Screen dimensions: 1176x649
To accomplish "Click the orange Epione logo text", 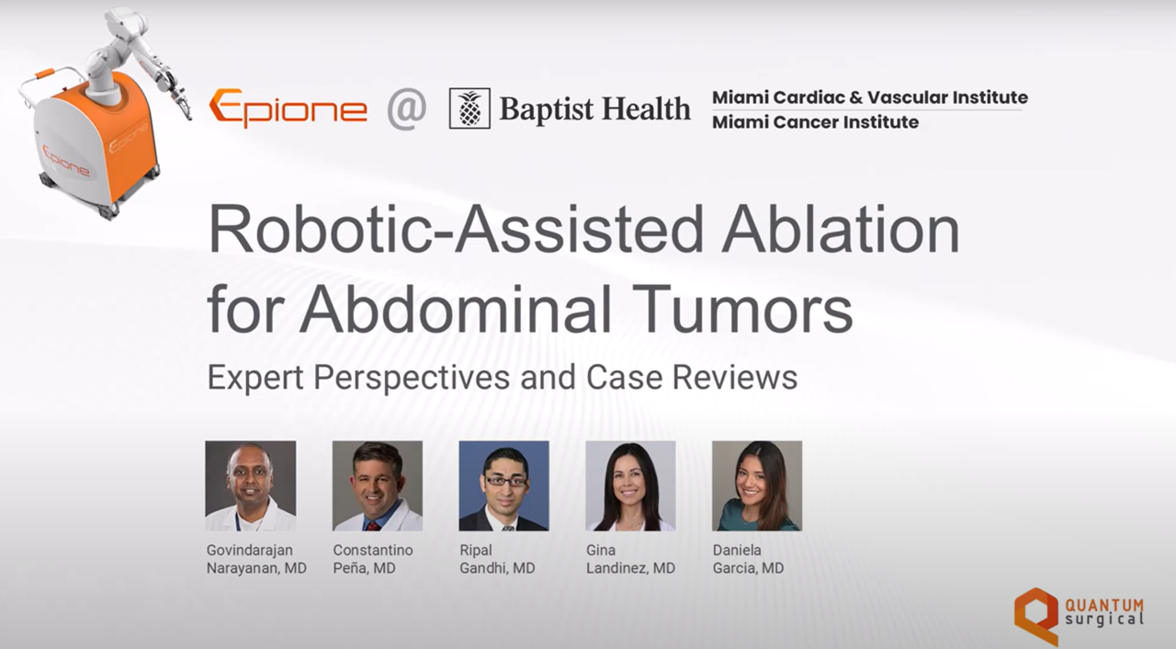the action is pyautogui.click(x=288, y=108).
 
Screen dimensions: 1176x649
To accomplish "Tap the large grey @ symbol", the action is pyautogui.click(x=406, y=108).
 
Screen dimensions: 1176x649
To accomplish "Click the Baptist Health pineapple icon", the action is pyautogui.click(x=469, y=108).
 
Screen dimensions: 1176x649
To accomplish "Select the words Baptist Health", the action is pyautogui.click(x=594, y=109).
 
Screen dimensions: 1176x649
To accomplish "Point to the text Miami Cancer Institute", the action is pyautogui.click(x=815, y=122).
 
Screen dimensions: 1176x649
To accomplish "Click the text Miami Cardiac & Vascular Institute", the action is pyautogui.click(x=870, y=97).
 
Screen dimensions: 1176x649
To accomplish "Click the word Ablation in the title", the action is pyautogui.click(x=841, y=230).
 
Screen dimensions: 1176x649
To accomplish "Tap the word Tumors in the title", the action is pyautogui.click(x=746, y=309).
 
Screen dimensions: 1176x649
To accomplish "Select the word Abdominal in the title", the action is pyautogui.click(x=456, y=309).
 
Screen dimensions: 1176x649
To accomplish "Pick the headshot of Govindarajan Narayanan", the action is pyautogui.click(x=251, y=485).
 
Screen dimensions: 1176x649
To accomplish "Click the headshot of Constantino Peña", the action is pyautogui.click(x=378, y=485).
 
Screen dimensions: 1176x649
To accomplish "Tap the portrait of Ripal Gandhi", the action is pyautogui.click(x=504, y=485).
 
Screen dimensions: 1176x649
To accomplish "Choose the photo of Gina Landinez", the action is pyautogui.click(x=630, y=485).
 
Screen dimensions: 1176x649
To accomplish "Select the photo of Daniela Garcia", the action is pyautogui.click(x=757, y=485).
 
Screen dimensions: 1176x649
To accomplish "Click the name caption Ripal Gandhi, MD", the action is pyautogui.click(x=497, y=559).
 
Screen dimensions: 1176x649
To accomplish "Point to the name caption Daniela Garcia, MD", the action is pyautogui.click(x=748, y=559).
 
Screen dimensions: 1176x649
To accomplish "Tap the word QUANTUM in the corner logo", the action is pyautogui.click(x=1104, y=605).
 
